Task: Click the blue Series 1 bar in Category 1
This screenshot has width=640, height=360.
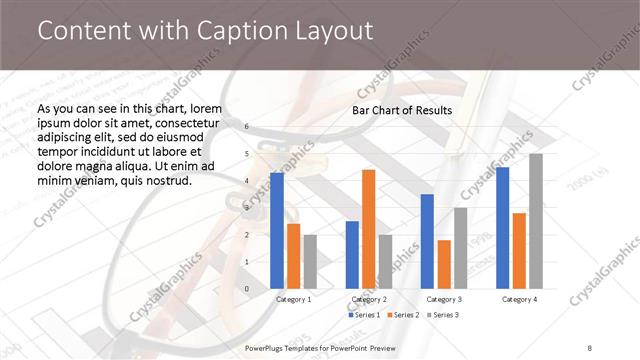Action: coord(276,231)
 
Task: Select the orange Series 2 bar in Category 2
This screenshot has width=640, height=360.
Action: coord(369,229)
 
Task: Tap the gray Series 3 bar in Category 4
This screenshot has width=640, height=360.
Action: coord(536,221)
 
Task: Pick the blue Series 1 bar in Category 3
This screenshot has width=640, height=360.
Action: coord(426,241)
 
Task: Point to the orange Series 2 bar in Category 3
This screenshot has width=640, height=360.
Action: coord(443,264)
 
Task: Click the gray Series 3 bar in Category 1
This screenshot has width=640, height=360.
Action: coord(310,262)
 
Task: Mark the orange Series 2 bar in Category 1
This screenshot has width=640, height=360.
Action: coord(293,256)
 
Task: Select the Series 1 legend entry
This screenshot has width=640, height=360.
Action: coord(364,315)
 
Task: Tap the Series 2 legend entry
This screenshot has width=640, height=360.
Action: coord(403,315)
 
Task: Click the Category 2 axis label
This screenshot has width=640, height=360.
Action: coord(369,299)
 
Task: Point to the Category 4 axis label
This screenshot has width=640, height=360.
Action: coord(519,299)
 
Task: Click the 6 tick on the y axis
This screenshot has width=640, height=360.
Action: coord(248,127)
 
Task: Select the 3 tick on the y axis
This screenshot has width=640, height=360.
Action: coord(248,208)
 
